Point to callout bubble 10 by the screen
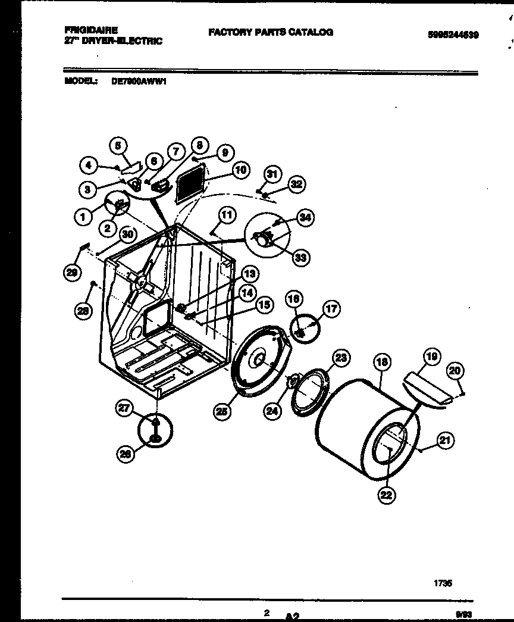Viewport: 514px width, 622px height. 239,170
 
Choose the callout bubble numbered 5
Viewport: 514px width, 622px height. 118,145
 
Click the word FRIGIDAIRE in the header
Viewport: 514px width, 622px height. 91,29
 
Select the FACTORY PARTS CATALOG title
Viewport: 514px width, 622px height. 270,32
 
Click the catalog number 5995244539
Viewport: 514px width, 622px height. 453,35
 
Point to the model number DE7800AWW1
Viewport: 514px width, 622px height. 140,84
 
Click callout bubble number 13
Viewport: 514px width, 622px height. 250,274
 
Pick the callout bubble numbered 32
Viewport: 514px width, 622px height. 296,185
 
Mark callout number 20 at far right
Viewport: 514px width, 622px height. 455,370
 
